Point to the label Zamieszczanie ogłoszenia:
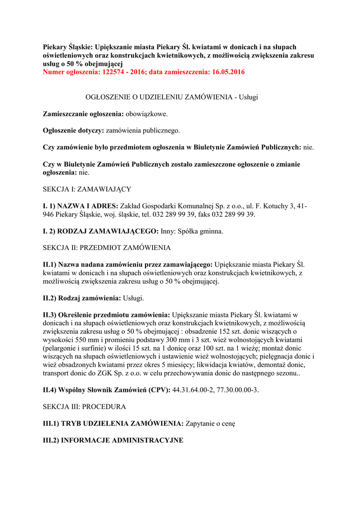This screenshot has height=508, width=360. click(x=83, y=114)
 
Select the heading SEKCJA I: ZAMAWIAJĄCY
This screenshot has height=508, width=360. click(x=87, y=189)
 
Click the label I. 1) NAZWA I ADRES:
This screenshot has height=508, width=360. click(x=80, y=206)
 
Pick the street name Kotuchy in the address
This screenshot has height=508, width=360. click(x=274, y=206)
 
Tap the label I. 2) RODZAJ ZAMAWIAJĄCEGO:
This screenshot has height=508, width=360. click(x=101, y=231)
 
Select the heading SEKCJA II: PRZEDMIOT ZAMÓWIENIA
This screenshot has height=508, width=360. click(x=107, y=247)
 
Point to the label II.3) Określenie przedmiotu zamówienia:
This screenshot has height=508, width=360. click(x=107, y=315)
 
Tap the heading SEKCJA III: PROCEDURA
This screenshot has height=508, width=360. click(x=84, y=406)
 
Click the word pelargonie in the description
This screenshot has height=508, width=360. click(x=62, y=348)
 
